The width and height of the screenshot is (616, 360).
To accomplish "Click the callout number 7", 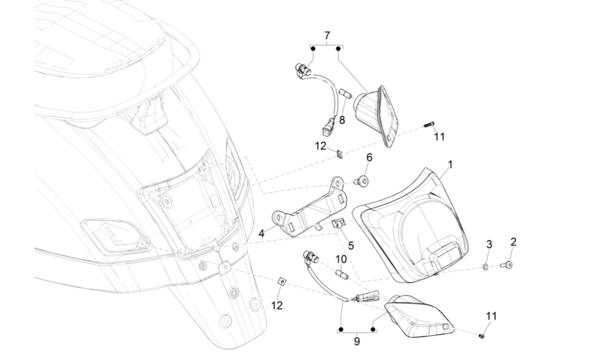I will pos(327,35).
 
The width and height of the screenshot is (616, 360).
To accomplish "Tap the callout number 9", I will pos(357,341).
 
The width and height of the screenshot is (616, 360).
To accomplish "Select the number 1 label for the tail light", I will pos(450,165).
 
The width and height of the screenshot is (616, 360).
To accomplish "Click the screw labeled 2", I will pos(508,265).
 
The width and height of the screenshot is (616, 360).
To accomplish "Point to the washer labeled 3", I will pos(486,267).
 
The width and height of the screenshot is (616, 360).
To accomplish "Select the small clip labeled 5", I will pos(337,223).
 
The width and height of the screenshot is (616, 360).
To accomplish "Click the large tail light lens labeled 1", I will pos(411,226).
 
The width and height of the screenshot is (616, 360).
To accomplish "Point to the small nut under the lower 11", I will pos(482,336).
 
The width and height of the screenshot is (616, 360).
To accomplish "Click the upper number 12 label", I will pos(321,146).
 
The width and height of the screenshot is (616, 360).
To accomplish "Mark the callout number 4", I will pos(261,233).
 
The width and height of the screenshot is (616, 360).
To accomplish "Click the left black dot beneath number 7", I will pos(312,48).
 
